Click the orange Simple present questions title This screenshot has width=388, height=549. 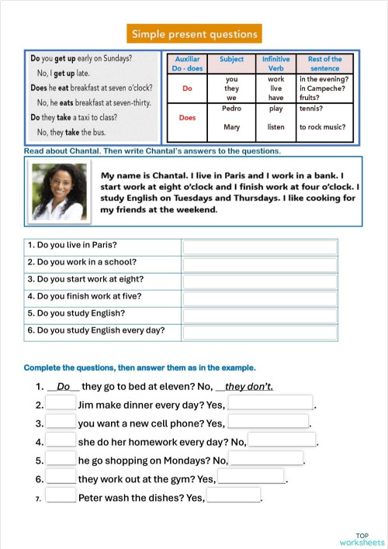(x=194, y=33)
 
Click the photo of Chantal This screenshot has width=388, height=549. (x=60, y=192)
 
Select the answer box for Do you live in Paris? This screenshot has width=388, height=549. (x=260, y=247)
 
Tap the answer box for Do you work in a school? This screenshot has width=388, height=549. (x=260, y=264)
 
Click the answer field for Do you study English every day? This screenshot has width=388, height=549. (x=260, y=332)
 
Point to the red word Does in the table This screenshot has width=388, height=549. (x=187, y=118)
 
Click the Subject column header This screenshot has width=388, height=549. (x=231, y=59)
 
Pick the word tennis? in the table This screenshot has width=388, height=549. (x=312, y=109)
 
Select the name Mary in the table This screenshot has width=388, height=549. (x=231, y=127)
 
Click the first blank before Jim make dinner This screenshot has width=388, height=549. (x=61, y=403)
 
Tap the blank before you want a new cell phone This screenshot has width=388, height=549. (x=61, y=422)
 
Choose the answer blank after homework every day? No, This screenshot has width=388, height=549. (x=282, y=440)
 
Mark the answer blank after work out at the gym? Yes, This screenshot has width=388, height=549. (x=251, y=478)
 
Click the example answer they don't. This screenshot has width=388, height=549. (x=249, y=386)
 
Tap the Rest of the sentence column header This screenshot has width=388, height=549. (x=324, y=64)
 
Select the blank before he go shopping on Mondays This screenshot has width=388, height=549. (x=61, y=459)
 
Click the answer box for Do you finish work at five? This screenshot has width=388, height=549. (x=260, y=298)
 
